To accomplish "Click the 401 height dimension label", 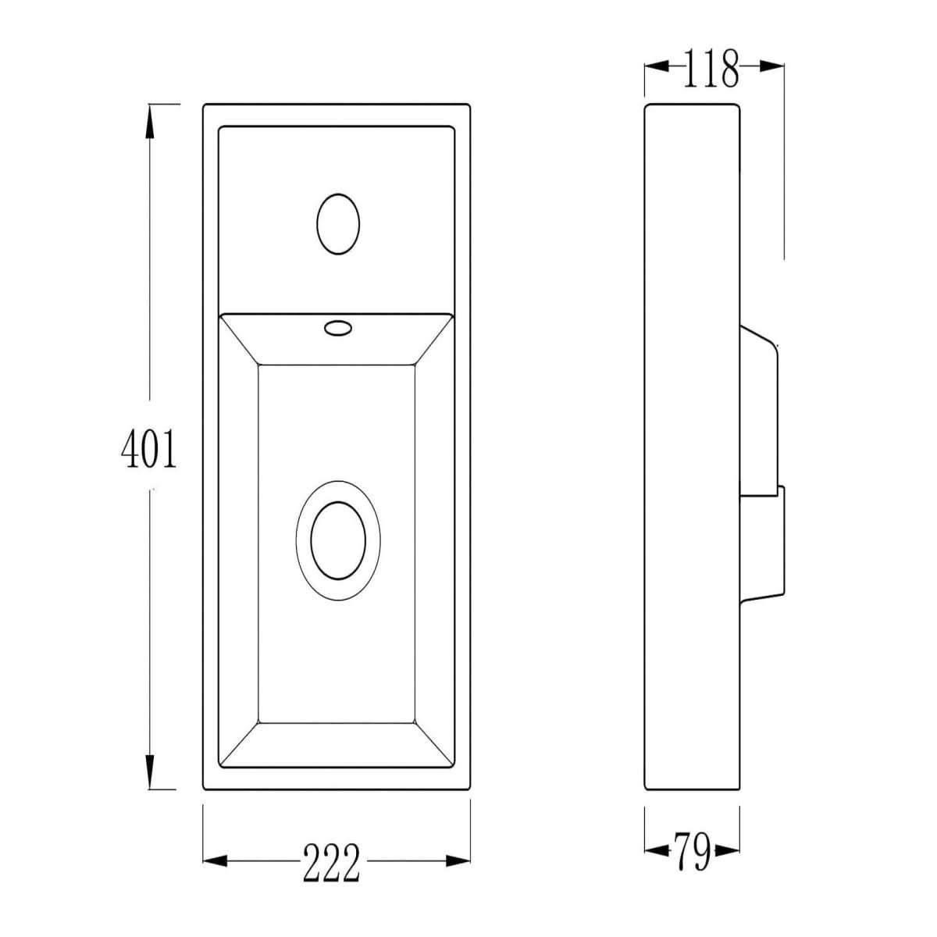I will tap(148, 450).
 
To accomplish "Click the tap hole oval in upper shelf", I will tap(338, 223).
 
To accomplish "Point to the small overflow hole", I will tap(338, 328).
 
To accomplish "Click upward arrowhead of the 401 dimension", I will tap(148, 117).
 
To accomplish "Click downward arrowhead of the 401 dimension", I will tap(148, 776).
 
